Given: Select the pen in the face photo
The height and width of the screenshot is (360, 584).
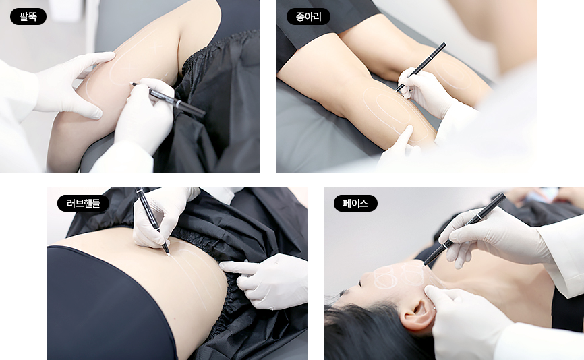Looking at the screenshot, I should tap(465, 229).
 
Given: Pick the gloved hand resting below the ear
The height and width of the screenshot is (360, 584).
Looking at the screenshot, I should tap(465, 320).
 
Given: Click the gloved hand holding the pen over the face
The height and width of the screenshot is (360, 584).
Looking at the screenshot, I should tap(496, 236).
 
